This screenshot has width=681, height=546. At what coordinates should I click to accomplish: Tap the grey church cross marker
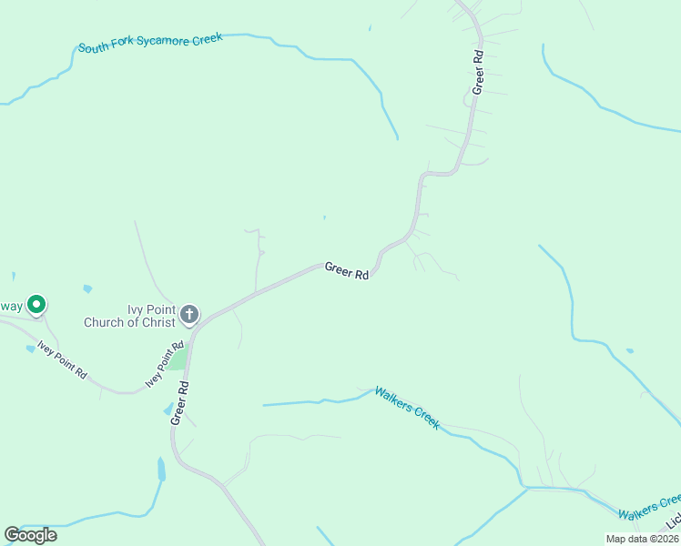(189, 315)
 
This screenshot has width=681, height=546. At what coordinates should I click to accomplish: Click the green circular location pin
(36, 305)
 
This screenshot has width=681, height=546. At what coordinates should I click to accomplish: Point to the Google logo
(30, 535)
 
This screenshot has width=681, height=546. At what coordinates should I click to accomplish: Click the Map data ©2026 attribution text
(643, 539)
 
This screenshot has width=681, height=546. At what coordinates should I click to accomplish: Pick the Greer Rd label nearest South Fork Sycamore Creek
(477, 71)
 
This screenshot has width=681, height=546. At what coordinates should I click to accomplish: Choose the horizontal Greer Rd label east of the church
(347, 271)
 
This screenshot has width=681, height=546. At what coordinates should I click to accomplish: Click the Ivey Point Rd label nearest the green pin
(62, 359)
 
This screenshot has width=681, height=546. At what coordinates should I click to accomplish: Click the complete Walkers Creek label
(407, 407)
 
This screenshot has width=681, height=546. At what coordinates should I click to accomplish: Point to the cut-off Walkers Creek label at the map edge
(649, 507)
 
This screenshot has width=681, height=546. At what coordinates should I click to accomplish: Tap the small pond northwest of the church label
(87, 289)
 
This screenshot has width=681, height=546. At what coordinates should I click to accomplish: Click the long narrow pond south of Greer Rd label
(162, 469)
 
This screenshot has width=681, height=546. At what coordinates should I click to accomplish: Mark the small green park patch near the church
(178, 359)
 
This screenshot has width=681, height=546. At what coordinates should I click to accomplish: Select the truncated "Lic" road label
(673, 523)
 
